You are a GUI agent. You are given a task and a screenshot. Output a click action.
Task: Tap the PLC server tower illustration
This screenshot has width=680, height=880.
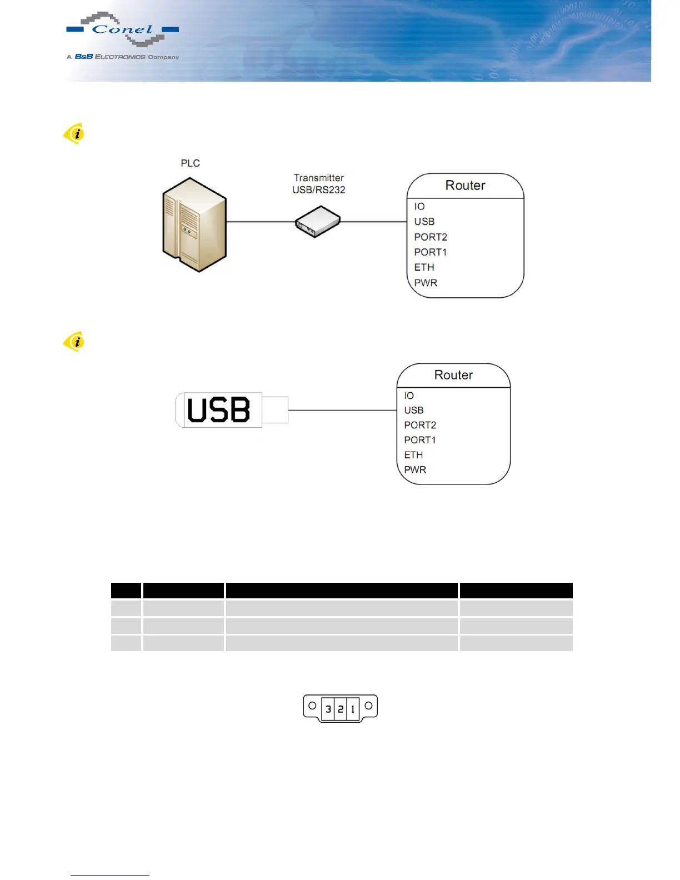pos(194,224)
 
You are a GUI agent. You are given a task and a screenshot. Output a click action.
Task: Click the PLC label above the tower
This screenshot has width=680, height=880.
pos(190,163)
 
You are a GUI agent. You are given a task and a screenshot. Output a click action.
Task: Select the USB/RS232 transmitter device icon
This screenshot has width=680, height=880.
pos(317,222)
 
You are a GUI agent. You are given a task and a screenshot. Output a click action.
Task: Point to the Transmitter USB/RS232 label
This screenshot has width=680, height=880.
pos(319,184)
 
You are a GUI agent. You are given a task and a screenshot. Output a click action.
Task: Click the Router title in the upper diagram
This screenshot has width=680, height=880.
pos(465,186)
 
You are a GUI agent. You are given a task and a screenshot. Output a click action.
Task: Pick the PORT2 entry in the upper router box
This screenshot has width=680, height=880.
pos(430,237)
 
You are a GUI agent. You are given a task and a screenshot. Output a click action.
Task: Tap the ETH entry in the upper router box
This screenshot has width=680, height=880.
pos(424,268)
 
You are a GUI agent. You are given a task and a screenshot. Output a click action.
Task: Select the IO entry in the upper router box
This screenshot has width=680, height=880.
pos(419,207)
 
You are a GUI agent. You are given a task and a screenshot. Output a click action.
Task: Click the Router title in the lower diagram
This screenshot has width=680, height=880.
pos(453,375)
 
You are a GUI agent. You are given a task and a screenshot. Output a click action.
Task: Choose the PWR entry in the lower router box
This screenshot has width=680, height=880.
pos(415,470)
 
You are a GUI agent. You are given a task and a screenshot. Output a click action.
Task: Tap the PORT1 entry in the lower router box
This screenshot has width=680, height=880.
pos(419,440)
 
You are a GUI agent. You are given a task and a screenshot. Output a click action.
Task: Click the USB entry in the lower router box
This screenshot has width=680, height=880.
pos(414,411)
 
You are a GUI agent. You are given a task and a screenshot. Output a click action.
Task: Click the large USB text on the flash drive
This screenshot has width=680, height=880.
pos(218,411)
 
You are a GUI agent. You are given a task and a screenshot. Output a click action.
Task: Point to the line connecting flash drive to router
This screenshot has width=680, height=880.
pos(342,411)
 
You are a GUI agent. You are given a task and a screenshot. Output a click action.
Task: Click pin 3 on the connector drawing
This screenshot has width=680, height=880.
pos(328,709)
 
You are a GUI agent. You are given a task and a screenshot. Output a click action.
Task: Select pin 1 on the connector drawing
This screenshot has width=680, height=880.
pos(353,709)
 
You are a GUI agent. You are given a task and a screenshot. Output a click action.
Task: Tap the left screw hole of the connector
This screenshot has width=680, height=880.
pos(312,706)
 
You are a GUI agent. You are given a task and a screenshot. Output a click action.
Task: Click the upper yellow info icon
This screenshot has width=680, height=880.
pos(74,134)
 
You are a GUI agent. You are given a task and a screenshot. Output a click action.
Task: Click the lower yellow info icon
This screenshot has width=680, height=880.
pos(74,342)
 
